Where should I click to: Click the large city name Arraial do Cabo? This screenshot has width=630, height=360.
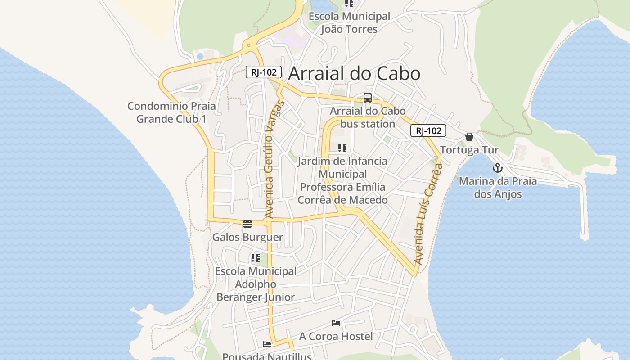[x=354, y=74]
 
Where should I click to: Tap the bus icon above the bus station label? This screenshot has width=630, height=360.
[x=368, y=98]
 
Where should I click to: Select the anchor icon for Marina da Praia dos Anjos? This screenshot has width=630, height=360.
[x=497, y=168]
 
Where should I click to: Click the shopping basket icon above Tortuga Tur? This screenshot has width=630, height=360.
[x=469, y=137]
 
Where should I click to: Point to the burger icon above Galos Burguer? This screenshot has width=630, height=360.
[x=247, y=224]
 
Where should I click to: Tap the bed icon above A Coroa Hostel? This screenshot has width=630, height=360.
[x=336, y=323]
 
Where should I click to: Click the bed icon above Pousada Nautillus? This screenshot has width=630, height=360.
[x=267, y=344]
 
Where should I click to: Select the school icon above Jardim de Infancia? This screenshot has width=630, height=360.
[x=342, y=148]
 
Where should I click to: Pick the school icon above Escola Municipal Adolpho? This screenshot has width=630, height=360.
[x=256, y=258]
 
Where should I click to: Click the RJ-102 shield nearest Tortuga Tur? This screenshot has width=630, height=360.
[x=428, y=131]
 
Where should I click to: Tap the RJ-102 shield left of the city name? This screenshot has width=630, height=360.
[x=264, y=72]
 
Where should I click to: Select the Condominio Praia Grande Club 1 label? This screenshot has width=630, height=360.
[x=171, y=112]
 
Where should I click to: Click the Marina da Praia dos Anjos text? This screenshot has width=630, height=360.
[x=498, y=188]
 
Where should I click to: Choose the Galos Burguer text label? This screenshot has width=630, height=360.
[x=247, y=237]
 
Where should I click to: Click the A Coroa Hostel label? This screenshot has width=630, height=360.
[x=336, y=336]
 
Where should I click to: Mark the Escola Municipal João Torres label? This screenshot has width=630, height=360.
[x=349, y=23]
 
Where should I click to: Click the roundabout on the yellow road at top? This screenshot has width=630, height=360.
[x=248, y=45]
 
